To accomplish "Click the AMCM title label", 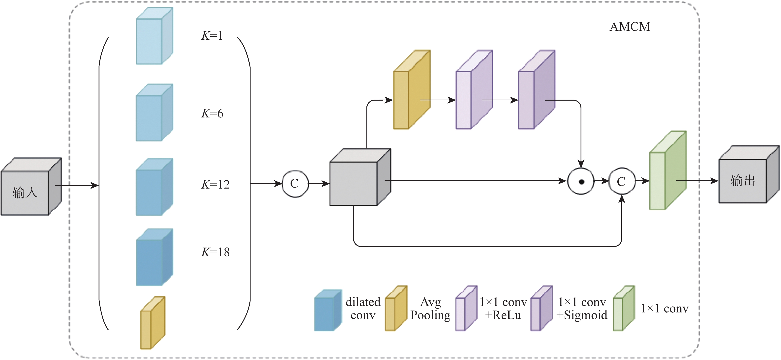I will pos(630,27).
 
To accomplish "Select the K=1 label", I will pos(212,36).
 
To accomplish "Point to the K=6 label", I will pos(212,113).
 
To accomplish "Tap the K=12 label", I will pos(215,184).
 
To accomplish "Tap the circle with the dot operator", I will pos(581,182).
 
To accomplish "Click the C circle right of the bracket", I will pos(295,184).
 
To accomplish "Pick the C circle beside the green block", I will pos(622,182).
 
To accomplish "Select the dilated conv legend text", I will pos(363,308).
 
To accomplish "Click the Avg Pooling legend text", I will pos(430,308).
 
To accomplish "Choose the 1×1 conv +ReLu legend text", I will pos(503,308).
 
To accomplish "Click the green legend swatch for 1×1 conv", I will pos(623,309).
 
